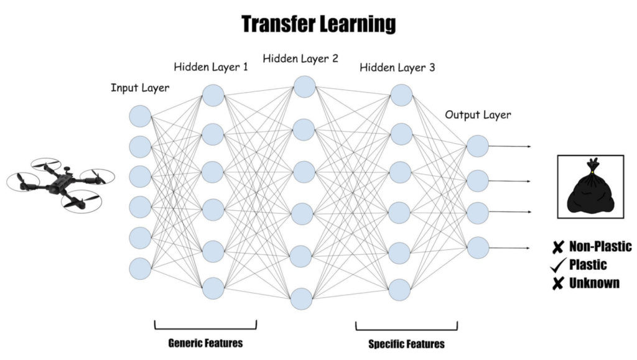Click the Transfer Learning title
[318, 24]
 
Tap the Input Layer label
[139, 88]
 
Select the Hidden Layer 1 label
[211, 67]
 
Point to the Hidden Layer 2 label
[300, 59]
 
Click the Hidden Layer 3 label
[397, 67]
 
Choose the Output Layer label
[478, 115]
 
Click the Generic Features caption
[205, 343]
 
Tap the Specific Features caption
[407, 343]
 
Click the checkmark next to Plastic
[557, 265]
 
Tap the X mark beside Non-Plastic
[557, 247]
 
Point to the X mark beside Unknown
[557, 284]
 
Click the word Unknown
[594, 284]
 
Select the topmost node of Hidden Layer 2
[304, 87]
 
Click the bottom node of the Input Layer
[140, 268]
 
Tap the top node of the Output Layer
[478, 146]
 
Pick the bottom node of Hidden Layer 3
[401, 289]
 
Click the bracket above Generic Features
[205, 325]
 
